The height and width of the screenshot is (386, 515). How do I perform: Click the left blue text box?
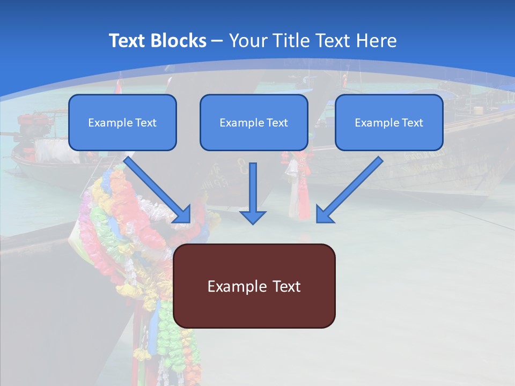122,122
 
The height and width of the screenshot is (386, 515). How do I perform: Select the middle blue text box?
254,122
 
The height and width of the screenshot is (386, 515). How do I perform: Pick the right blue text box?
389,122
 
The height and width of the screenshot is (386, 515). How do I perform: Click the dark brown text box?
254,286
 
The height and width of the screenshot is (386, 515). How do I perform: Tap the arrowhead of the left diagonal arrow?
182,214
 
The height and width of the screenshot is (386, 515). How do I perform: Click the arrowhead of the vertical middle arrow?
253,217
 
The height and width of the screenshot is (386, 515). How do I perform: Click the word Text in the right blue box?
413,123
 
